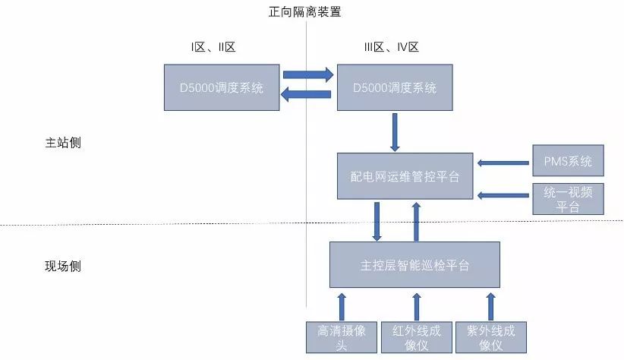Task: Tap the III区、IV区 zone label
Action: [391, 48]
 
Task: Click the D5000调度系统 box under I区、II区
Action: [222, 88]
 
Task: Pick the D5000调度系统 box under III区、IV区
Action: [395, 88]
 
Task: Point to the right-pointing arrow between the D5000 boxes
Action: [307, 75]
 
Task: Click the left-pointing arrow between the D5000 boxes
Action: [307, 94]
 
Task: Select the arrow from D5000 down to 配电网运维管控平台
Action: [395, 132]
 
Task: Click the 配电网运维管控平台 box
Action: [405, 176]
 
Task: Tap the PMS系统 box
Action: [568, 161]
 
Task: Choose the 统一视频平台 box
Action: [568, 199]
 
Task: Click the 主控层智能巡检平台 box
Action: [414, 265]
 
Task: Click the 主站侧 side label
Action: [63, 144]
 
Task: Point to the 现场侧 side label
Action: [63, 267]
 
